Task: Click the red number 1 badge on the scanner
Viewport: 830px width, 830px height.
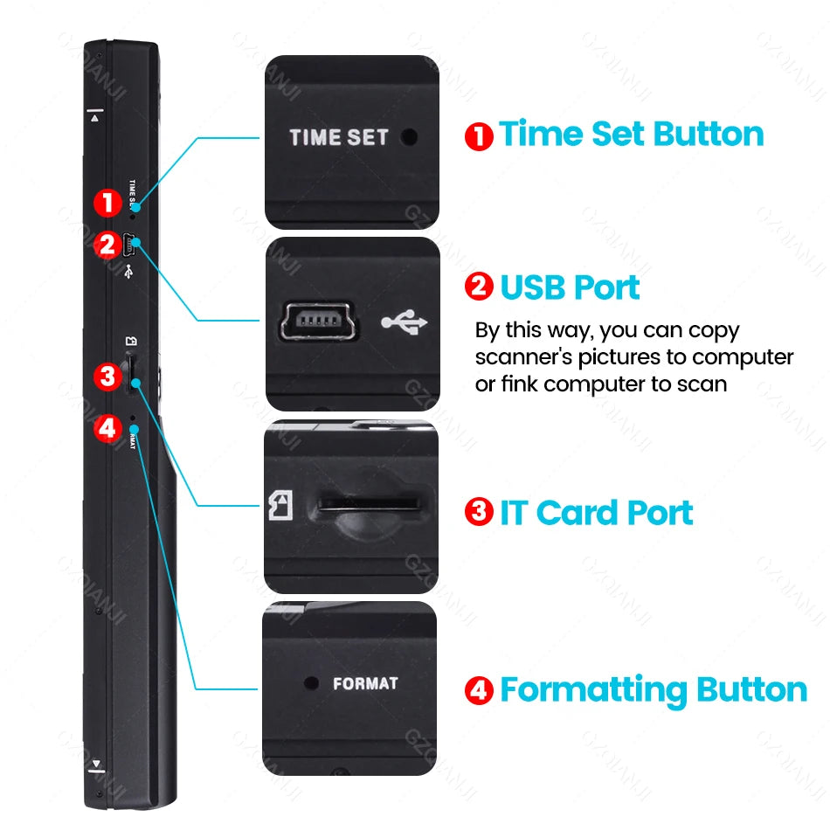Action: (x=107, y=204)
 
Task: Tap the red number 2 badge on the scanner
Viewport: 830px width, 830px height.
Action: (x=107, y=246)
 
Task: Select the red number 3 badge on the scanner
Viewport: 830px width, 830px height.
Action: (x=107, y=377)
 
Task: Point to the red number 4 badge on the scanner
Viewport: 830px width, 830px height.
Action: (x=107, y=428)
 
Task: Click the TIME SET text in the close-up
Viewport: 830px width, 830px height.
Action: (x=338, y=138)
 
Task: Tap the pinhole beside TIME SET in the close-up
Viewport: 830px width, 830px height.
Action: (x=408, y=137)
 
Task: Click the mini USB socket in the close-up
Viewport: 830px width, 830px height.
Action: (x=315, y=324)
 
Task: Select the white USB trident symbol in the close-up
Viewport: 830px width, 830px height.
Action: (x=405, y=323)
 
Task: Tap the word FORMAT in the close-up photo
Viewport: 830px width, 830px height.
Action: (x=365, y=683)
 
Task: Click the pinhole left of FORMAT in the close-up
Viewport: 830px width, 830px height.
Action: (x=309, y=682)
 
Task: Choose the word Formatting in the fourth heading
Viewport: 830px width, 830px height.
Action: (x=593, y=690)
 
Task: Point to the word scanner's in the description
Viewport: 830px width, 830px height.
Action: (x=523, y=357)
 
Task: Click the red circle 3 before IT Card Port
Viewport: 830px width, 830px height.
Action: (x=479, y=512)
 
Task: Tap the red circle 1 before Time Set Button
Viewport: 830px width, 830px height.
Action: (x=479, y=136)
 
